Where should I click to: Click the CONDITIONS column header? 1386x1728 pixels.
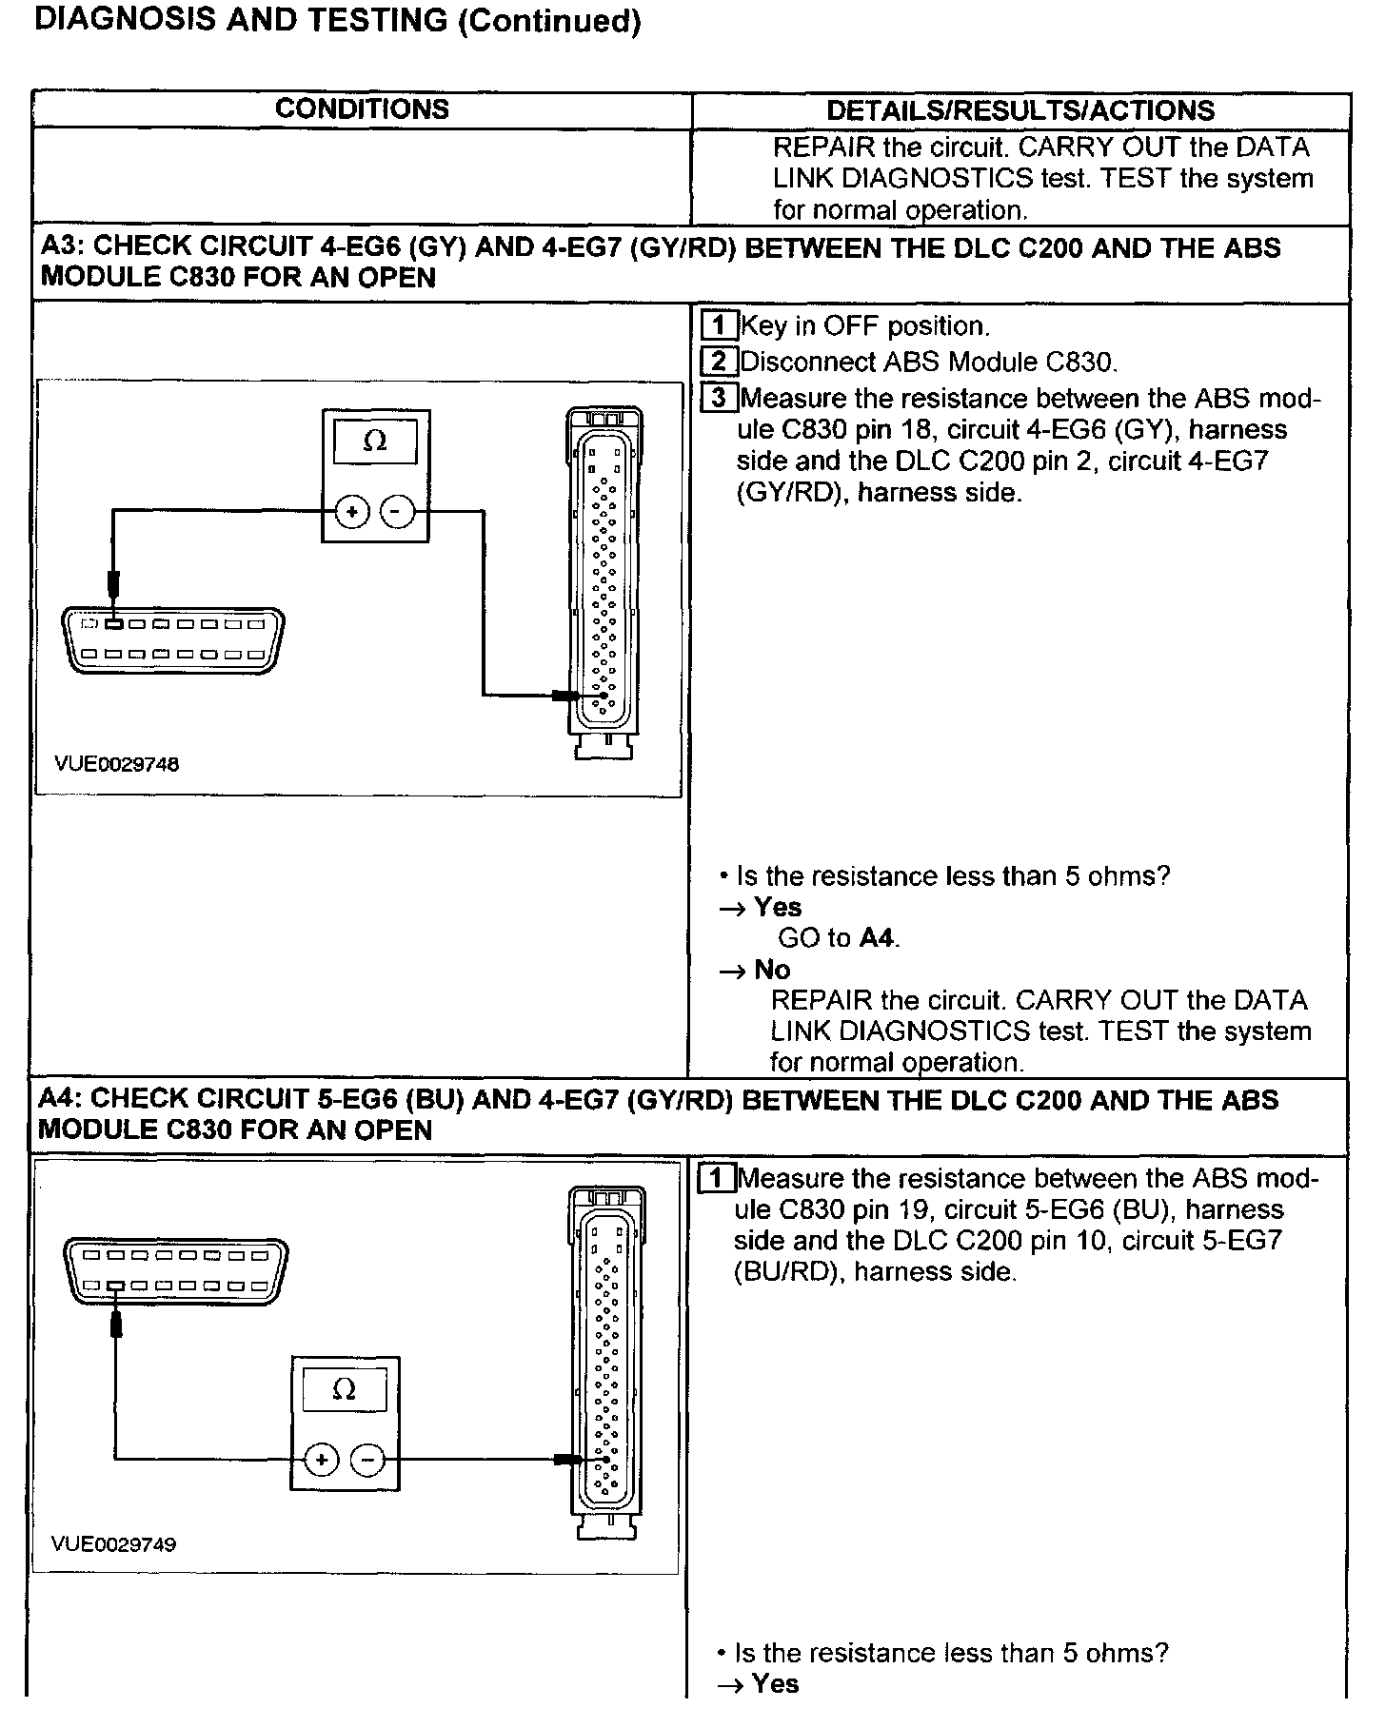click(362, 109)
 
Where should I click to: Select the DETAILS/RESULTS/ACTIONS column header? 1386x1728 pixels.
click(1020, 110)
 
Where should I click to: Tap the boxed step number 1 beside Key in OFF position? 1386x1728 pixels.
click(718, 326)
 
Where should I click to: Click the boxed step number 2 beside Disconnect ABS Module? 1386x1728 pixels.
click(718, 362)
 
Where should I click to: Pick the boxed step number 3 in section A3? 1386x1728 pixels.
click(718, 398)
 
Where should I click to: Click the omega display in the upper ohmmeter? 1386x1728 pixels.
click(375, 442)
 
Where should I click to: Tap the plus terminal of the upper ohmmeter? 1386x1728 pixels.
click(351, 512)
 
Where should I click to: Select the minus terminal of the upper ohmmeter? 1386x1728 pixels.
click(398, 512)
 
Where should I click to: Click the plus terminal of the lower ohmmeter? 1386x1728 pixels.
click(321, 1460)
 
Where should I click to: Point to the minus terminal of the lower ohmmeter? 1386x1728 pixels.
click(367, 1460)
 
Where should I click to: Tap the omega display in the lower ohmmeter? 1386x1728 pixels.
click(345, 1390)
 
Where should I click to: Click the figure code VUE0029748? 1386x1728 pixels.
click(116, 764)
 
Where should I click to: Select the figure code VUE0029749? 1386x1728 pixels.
click(114, 1544)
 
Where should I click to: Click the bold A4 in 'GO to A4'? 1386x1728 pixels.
click(877, 938)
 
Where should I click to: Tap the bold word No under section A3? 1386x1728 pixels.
click(772, 970)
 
